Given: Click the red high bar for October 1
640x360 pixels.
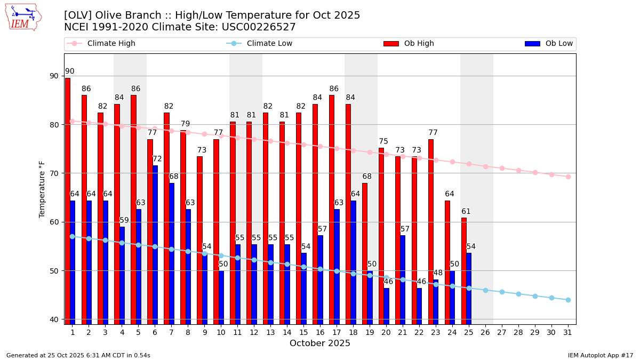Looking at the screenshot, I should [x=68, y=201].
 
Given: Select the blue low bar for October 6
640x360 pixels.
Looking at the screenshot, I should [x=155, y=245].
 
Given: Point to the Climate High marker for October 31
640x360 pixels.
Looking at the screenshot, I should [x=568, y=177].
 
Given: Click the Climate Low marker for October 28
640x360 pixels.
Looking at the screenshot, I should [x=518, y=294].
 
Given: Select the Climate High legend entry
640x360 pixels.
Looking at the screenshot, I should [x=101, y=44].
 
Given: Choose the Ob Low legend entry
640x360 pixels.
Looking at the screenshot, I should [x=549, y=44].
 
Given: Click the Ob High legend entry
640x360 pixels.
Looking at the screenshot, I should [x=409, y=44].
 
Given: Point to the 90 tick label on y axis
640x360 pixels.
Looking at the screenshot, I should [x=54, y=76].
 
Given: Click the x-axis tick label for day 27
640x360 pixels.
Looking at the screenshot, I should [x=502, y=332].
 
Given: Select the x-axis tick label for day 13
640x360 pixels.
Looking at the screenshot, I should [x=270, y=332].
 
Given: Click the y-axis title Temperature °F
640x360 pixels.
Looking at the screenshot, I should [x=43, y=189].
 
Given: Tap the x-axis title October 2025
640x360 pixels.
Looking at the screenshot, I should [x=320, y=343].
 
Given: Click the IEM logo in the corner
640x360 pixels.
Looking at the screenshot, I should [x=23, y=17].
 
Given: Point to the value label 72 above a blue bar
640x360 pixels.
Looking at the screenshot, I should [x=157, y=159].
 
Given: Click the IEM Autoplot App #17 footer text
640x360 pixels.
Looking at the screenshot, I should [x=600, y=355].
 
